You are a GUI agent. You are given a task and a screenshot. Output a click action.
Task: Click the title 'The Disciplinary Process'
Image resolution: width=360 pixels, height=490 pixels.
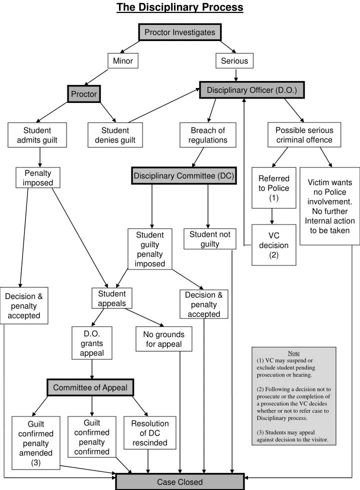point(180,7)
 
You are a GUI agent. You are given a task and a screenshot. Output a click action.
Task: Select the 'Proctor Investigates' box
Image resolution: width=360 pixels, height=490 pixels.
point(180,32)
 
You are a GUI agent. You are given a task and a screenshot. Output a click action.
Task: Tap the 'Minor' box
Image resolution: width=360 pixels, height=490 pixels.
point(122,61)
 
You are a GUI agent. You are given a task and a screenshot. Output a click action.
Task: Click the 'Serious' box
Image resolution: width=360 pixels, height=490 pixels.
point(234,61)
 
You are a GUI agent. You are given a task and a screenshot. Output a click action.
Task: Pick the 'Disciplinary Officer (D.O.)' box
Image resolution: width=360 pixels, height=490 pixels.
point(251,90)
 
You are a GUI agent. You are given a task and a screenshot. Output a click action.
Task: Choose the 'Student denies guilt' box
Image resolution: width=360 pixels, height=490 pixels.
point(115,135)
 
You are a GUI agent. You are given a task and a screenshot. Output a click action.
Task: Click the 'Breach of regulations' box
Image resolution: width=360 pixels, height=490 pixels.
point(207,135)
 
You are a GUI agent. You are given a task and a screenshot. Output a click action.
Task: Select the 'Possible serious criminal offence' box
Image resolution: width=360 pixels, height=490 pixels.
point(304,135)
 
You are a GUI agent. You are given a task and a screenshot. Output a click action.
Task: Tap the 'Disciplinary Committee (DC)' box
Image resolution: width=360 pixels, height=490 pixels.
point(183,176)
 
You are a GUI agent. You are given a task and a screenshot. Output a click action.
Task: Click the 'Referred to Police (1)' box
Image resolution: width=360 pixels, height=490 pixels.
point(273,188)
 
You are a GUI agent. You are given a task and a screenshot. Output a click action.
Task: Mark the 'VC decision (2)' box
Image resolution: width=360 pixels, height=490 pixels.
point(273,245)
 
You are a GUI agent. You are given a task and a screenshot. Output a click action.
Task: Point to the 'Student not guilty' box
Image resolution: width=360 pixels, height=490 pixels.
point(210,239)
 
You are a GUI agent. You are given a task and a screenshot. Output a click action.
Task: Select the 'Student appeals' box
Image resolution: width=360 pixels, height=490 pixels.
point(111,298)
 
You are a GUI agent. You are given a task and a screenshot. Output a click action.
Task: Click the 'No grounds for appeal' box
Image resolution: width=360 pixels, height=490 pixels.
point(164,339)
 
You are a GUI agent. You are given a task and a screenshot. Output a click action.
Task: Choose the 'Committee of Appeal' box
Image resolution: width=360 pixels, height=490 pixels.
point(90,387)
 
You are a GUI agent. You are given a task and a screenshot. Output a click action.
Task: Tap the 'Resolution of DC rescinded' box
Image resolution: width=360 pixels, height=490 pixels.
point(150,433)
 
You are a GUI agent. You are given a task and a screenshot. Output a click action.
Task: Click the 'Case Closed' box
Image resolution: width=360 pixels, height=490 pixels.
point(180,482)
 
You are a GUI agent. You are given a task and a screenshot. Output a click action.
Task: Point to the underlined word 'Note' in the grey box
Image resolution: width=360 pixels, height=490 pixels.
point(293,353)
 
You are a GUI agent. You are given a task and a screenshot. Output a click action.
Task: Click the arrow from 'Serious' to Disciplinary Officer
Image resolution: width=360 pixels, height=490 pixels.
point(235,75)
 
